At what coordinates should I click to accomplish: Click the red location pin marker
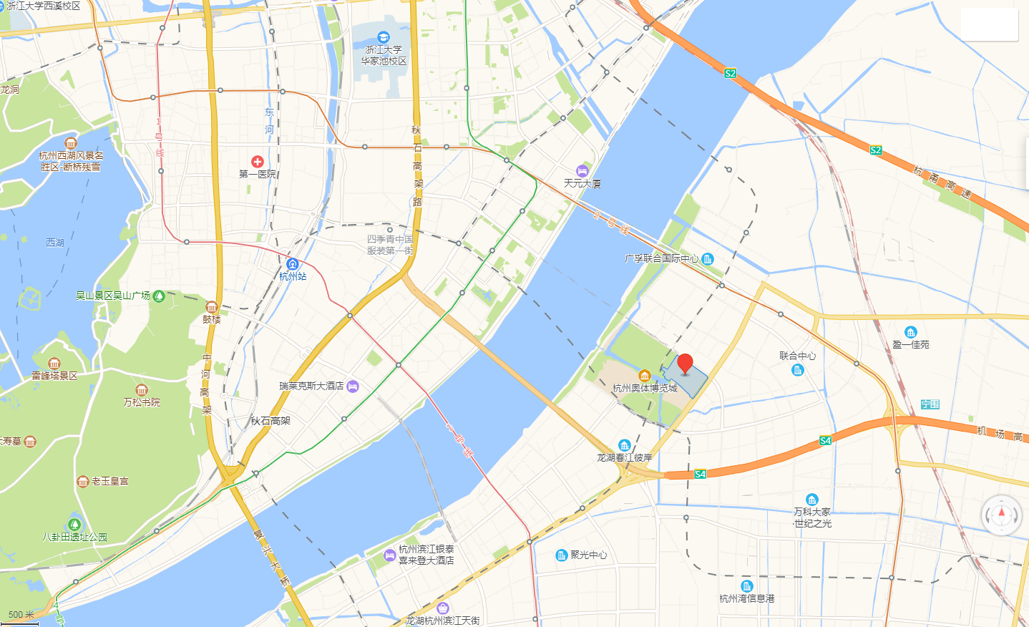pyautogui.click(x=686, y=364)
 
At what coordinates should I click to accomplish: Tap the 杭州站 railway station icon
pyautogui.click(x=292, y=264)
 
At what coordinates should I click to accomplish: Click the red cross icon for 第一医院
pyautogui.click(x=258, y=162)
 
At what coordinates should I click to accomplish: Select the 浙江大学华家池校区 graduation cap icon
pyautogui.click(x=384, y=37)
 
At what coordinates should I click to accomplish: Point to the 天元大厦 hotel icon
pyautogui.click(x=582, y=171)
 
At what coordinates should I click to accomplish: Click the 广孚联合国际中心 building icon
pyautogui.click(x=708, y=258)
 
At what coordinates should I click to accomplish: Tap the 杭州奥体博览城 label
pyautogui.click(x=645, y=389)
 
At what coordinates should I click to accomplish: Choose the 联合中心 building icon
pyautogui.click(x=798, y=370)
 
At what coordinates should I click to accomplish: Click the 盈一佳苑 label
pyautogui.click(x=910, y=344)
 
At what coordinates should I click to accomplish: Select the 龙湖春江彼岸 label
pyautogui.click(x=625, y=457)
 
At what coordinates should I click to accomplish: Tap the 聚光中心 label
pyautogui.click(x=589, y=555)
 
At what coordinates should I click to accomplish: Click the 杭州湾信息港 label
pyautogui.click(x=747, y=598)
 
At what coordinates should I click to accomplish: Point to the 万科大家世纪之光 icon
pyautogui.click(x=811, y=500)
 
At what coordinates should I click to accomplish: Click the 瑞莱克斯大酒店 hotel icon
pyautogui.click(x=353, y=387)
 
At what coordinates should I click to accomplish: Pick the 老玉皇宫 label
pyautogui.click(x=110, y=481)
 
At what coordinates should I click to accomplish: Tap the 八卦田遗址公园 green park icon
pyautogui.click(x=74, y=525)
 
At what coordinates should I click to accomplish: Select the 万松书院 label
pyautogui.click(x=142, y=402)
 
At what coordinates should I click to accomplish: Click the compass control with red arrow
pyautogui.click(x=1001, y=515)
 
